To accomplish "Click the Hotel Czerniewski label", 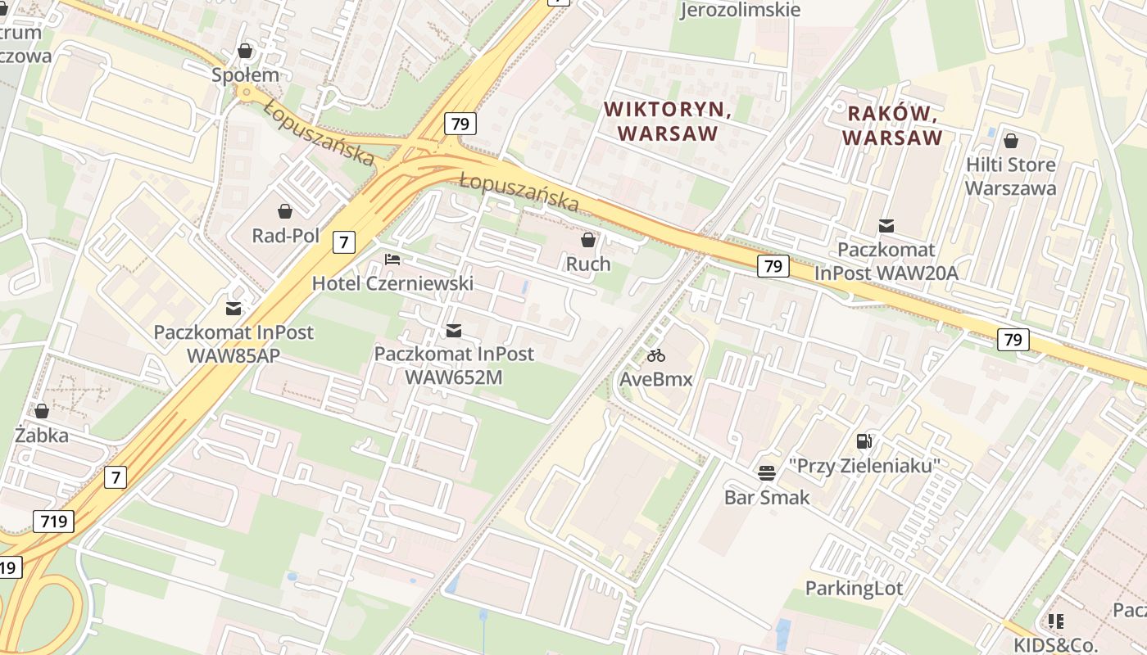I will [x=392, y=283].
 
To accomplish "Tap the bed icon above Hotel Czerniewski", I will [x=392, y=260].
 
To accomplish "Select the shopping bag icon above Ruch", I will [x=588, y=240].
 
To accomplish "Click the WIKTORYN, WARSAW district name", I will [x=667, y=120].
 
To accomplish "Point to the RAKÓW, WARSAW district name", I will [x=892, y=124].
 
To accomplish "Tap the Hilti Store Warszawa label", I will [x=1010, y=176].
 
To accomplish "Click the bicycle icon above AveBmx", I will [x=656, y=355].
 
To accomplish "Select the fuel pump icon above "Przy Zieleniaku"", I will [x=864, y=441].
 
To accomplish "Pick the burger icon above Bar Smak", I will [x=767, y=472].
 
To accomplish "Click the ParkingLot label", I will [x=854, y=588].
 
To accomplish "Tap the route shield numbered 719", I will [x=54, y=521].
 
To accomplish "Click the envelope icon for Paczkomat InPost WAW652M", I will [x=454, y=330].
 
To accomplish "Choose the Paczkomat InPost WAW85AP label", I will [x=233, y=344].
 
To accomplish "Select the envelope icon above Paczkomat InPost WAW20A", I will [x=886, y=226].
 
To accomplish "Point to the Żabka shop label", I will [x=42, y=435].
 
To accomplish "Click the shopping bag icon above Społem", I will [x=245, y=52].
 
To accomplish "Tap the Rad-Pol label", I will [x=285, y=236].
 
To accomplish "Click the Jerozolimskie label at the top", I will [x=740, y=10].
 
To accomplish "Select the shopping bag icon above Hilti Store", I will [x=1011, y=141].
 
